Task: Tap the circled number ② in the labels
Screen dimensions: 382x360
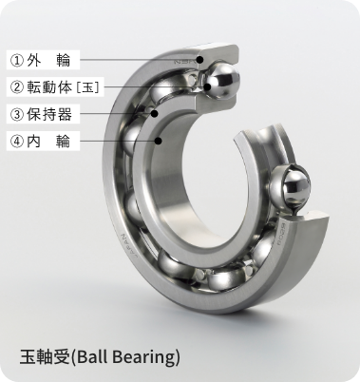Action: pos(16,87)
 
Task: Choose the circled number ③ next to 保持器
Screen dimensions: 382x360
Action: pos(16,115)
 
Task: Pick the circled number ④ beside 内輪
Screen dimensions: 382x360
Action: pos(16,143)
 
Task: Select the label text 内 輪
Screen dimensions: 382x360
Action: pos(49,143)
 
